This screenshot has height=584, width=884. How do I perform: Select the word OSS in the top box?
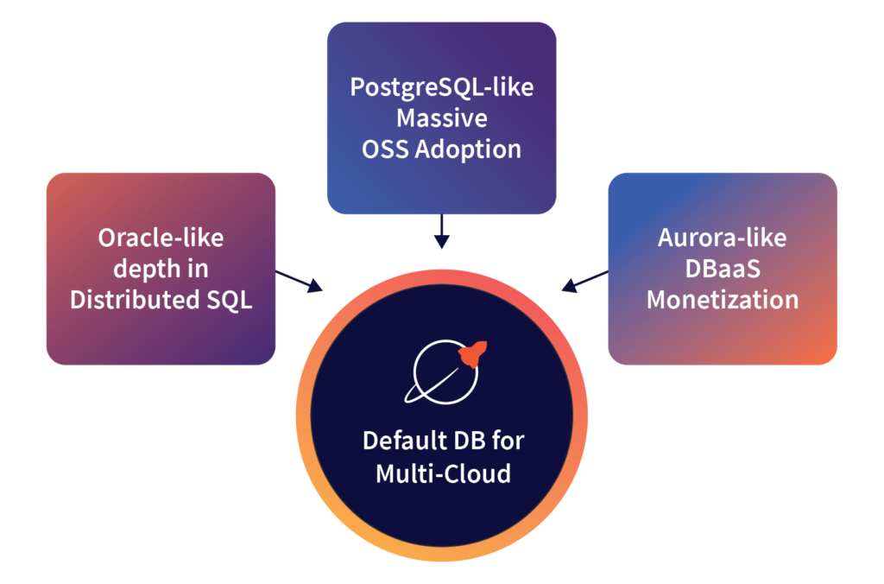pyautogui.click(x=385, y=148)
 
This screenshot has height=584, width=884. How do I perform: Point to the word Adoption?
pyautogui.click(x=468, y=148)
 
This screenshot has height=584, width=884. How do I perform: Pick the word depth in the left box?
pyautogui.click(x=147, y=269)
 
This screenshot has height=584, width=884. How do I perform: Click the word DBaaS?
pyautogui.click(x=723, y=269)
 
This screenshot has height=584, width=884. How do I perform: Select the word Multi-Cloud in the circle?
pyautogui.click(x=443, y=473)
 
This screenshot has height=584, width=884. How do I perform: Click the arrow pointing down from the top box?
pyautogui.click(x=441, y=231)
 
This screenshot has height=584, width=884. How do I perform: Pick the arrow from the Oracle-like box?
pyautogui.click(x=300, y=282)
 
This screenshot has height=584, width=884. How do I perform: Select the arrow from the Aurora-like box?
pyautogui.click(x=584, y=282)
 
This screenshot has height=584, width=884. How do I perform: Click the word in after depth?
pyautogui.click(x=198, y=269)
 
